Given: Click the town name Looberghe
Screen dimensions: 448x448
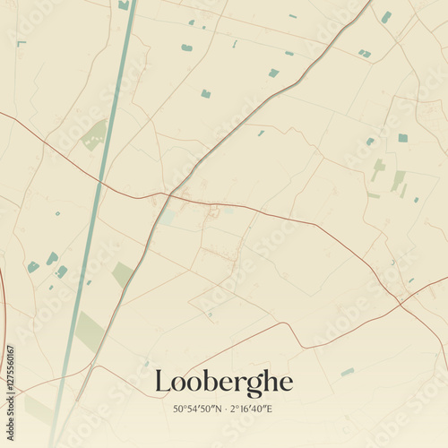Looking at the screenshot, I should point(223,382).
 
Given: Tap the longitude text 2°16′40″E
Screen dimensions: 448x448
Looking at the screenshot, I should point(252,409).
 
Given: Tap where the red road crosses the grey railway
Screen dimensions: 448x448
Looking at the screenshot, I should point(169,194).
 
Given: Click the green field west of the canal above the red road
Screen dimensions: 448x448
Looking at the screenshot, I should point(93,135).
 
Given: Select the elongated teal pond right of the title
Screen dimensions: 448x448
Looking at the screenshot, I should point(348,372).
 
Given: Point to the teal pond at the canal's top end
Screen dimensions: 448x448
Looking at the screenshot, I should point(124,4).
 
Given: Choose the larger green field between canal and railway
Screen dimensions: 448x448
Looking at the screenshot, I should point(90,332).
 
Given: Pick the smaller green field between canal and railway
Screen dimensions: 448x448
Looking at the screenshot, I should point(122,274).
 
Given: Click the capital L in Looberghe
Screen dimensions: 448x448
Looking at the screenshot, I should point(162,383).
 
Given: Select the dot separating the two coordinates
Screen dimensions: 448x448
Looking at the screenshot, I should point(226,409).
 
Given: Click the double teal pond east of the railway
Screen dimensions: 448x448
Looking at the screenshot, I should point(365,54).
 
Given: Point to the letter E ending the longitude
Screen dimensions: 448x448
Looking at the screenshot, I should point(271,409).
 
